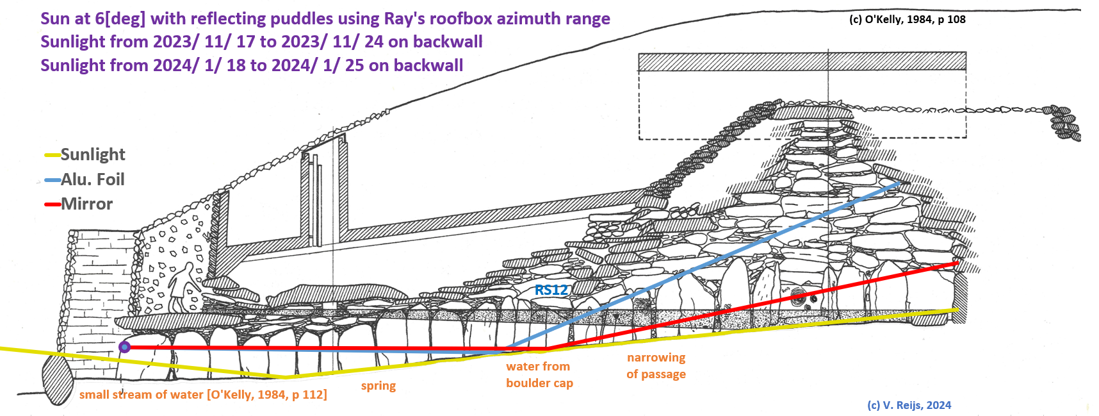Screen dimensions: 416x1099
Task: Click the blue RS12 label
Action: point(551,290)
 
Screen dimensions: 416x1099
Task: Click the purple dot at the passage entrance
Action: point(125,347)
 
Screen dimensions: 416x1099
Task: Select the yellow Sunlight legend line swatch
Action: point(52,155)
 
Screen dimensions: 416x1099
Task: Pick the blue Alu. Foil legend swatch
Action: point(52,180)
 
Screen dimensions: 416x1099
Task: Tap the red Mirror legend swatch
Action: point(52,204)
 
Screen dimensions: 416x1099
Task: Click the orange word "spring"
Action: point(378,386)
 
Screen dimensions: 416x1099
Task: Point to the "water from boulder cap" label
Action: point(539,374)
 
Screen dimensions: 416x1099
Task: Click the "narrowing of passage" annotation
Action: point(656,365)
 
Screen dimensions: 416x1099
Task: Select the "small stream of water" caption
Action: point(203,395)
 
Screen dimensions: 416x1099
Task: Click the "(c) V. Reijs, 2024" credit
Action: point(909,405)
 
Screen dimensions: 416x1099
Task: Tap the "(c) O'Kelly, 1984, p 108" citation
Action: point(907,19)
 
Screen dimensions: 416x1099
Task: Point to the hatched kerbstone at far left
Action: point(57,379)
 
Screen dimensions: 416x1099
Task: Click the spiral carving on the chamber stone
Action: point(799,297)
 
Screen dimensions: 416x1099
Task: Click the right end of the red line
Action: point(957,263)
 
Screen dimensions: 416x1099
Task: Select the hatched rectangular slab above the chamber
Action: point(802,62)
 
